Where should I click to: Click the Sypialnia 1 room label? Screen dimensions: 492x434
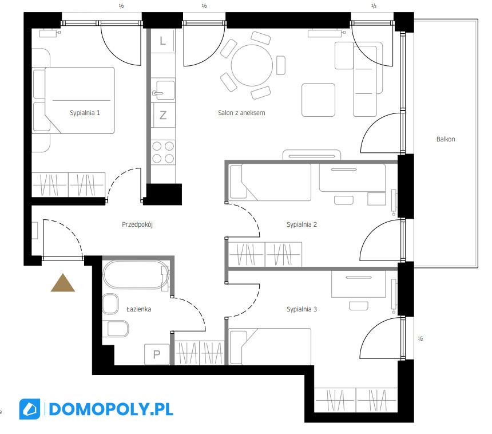85,113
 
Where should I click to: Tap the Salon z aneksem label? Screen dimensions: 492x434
241,113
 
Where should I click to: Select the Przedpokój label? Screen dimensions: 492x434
137,224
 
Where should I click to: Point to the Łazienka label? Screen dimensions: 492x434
138,309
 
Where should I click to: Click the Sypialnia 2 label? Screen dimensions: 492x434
302,224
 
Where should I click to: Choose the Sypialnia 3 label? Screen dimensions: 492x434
302,309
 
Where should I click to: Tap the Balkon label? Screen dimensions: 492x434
446,139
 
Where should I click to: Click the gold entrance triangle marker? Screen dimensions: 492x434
63,283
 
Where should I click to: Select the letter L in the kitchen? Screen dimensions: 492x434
162,41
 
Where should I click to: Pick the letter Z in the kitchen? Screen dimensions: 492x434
163,115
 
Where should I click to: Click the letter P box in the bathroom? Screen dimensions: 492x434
157,354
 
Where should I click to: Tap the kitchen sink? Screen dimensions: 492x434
163,90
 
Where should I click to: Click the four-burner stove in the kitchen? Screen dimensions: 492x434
163,152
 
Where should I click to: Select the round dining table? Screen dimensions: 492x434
252,65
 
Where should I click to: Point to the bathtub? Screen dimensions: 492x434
136,275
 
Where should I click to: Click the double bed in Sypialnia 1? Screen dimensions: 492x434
80,100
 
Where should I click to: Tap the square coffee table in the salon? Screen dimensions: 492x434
318,100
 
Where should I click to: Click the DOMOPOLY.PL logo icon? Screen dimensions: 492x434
30,409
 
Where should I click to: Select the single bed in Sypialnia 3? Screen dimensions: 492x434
270,347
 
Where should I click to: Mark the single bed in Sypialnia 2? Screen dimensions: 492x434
270,182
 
